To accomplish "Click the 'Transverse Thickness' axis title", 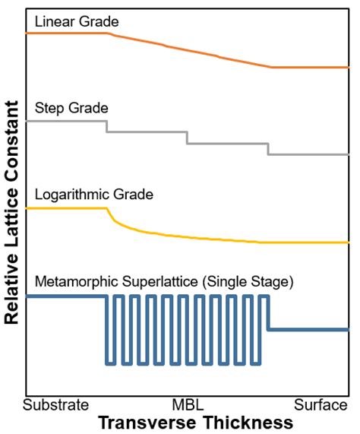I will point(195,422).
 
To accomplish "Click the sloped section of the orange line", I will point(190,50).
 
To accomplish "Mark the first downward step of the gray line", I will point(106,126).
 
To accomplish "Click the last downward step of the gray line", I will point(268,148).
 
